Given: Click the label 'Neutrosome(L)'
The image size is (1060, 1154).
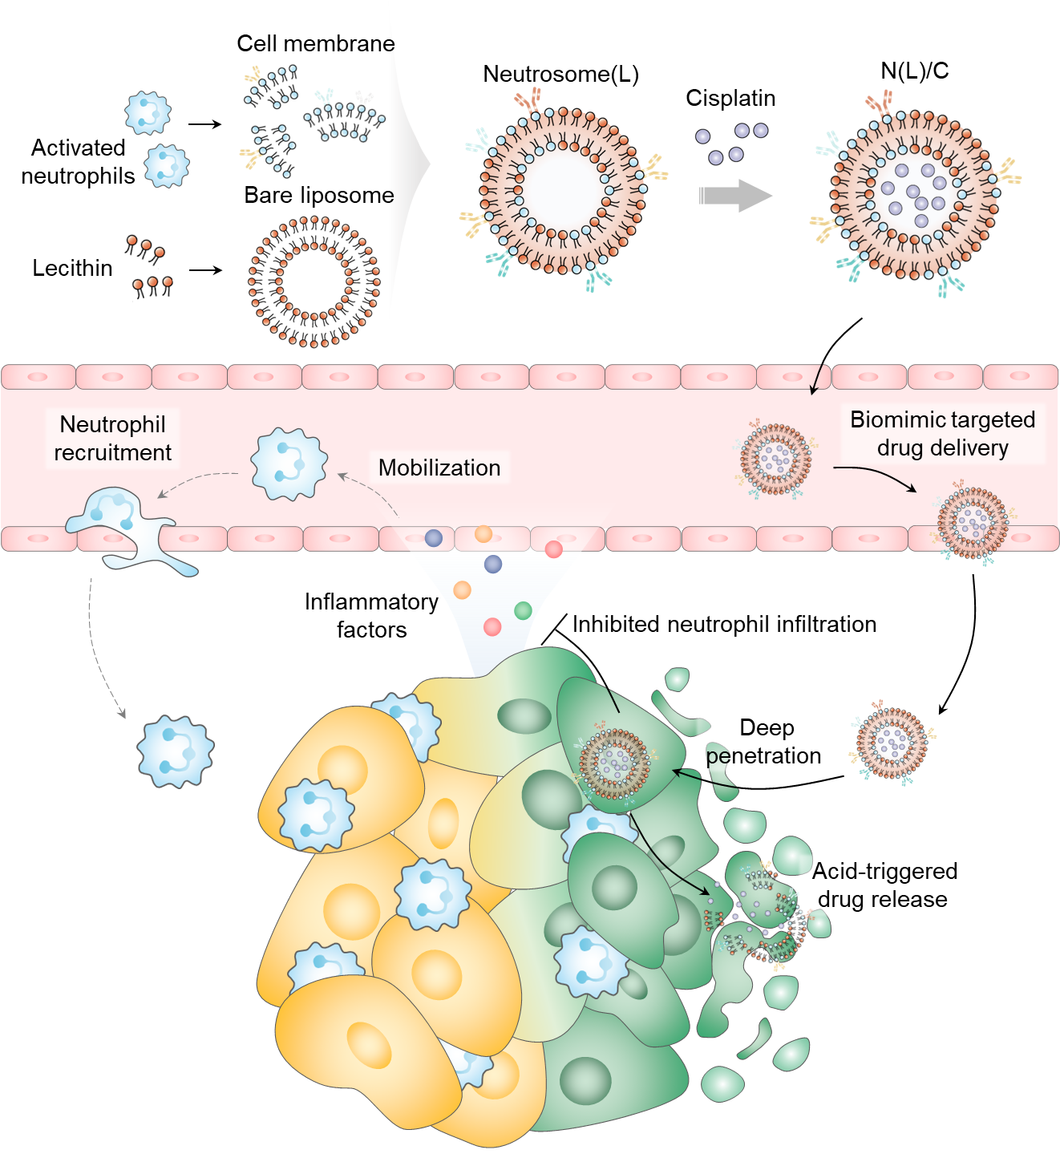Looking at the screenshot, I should point(560,75).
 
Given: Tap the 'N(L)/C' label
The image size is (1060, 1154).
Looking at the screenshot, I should point(914,71).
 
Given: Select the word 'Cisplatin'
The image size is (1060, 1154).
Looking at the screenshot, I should point(730,99).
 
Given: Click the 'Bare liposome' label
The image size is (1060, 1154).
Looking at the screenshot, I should point(319,196).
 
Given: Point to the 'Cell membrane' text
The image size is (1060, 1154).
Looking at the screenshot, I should point(316,44).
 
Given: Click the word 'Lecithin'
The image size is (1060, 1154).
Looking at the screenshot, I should point(72,268).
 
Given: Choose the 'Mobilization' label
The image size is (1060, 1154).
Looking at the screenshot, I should point(439,468).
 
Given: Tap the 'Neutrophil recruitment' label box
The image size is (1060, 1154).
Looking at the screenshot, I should point(112,439).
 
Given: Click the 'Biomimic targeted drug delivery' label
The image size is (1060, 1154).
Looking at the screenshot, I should point(942,434).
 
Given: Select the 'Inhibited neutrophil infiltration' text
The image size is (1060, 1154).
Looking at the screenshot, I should point(724,625).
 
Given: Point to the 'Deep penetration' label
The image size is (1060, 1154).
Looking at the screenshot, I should point(765,742).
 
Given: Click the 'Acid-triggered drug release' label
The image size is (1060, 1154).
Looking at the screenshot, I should point(884,885).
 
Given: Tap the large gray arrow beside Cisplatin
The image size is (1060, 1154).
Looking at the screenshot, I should point(734,196).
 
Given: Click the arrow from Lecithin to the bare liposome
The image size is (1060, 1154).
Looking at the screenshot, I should point(205,271).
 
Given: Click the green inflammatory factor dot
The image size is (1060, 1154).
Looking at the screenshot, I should point(523,611).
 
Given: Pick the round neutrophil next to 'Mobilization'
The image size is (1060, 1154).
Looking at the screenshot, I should point(289,464).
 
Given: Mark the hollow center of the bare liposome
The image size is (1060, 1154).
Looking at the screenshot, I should point(314,281).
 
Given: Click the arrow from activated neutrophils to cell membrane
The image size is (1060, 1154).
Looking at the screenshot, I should point(204,125).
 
